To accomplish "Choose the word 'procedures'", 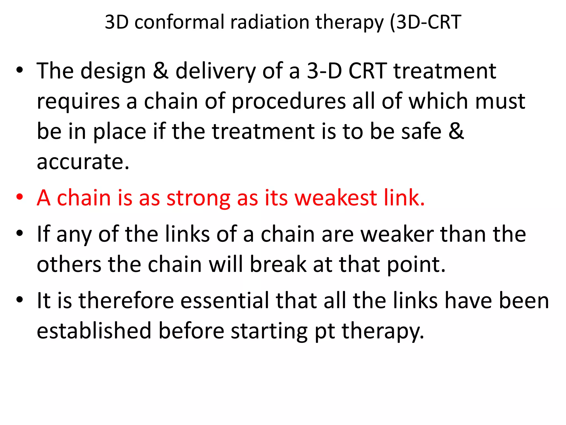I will tap(289, 102).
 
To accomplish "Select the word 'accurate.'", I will tap(83, 162).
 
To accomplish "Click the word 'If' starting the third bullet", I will tap(43, 234).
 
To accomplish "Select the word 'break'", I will tap(278, 265).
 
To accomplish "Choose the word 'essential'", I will tap(225, 301).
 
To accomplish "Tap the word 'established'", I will tap(94, 331).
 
